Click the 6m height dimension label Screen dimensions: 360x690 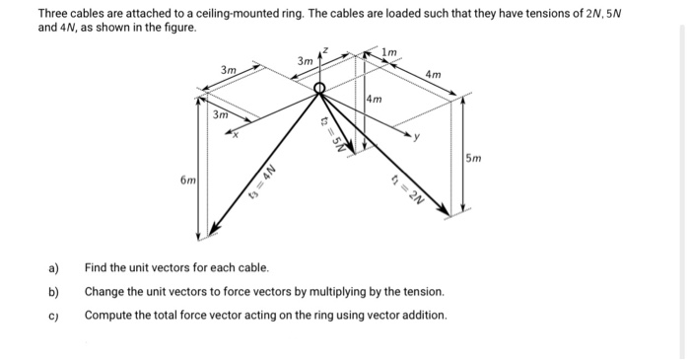pyautogui.click(x=186, y=180)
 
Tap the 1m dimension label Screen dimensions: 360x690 pyautogui.click(x=392, y=50)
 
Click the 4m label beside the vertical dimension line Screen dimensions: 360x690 pyautogui.click(x=375, y=100)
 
